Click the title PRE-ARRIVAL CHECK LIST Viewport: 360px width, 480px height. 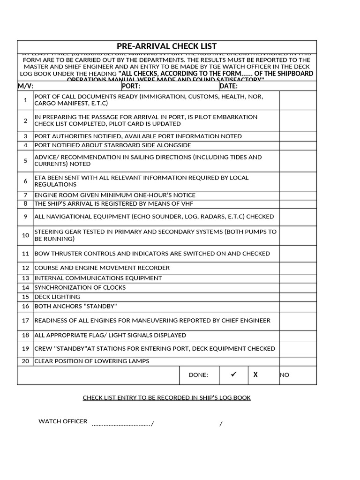coord(166,46)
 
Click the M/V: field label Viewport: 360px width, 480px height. coord(26,86)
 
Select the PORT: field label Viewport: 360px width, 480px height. coord(131,86)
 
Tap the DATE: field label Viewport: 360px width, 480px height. coord(228,86)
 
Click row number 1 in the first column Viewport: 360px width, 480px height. coord(25,100)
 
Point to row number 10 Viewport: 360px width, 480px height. coord(25,235)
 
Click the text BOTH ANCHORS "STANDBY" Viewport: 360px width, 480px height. coord(75,306)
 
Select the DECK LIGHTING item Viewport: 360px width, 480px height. coord(57,297)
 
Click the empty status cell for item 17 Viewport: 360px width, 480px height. coord(298,321)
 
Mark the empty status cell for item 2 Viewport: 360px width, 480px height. coord(298,120)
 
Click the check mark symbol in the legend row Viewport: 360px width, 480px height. coord(234,375)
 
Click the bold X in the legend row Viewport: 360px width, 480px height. coord(255,375)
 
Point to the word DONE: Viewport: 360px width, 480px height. coord(198,375)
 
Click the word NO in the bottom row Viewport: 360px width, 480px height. coord(285,375)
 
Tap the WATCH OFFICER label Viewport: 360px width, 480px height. coord(63,421)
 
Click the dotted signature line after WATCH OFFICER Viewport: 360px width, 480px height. coord(122,425)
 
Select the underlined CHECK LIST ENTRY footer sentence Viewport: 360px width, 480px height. coord(166,397)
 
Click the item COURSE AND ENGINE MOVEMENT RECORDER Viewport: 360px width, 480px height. coord(102,268)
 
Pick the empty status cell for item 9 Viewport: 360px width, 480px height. coord(298,217)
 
